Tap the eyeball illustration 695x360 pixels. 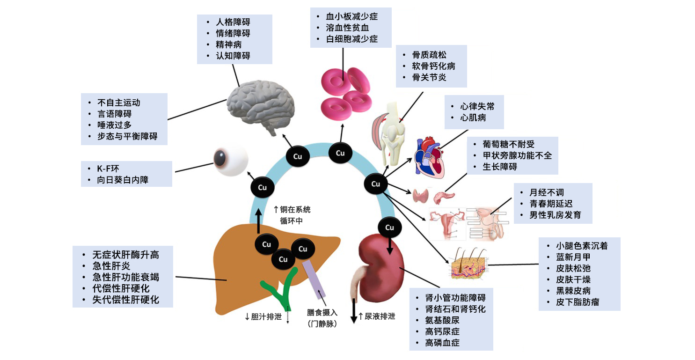231,162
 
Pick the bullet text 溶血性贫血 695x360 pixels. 347,28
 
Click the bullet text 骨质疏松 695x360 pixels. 429,55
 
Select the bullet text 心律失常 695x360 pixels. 477,106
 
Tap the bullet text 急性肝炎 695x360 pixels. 111,266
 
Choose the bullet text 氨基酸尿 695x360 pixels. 442,320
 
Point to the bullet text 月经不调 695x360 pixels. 546,192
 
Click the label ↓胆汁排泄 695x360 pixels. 263,316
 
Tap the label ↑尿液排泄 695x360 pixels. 377,316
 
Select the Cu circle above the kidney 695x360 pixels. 389,228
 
